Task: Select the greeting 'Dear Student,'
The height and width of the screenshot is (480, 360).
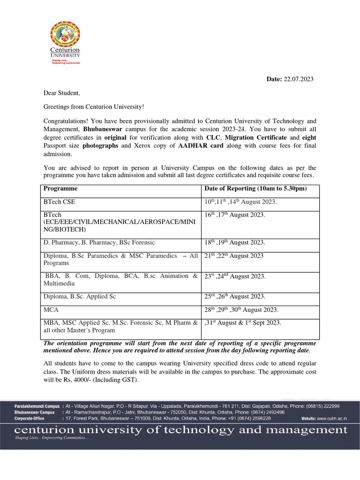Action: [62, 93]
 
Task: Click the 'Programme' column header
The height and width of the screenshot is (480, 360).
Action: [60, 188]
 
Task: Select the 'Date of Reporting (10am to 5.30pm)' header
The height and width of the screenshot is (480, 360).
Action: [255, 188]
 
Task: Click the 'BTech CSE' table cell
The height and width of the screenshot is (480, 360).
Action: [59, 202]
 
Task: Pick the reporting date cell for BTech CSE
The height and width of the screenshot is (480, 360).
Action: [240, 202]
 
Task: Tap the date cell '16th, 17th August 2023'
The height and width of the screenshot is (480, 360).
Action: [234, 215]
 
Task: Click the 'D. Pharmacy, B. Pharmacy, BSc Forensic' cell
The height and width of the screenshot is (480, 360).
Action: [99, 242]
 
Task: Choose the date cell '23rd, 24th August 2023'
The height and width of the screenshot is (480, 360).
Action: [235, 276]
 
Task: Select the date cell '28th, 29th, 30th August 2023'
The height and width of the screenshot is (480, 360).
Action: [241, 310]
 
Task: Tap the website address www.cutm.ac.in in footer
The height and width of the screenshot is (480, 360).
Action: [330, 418]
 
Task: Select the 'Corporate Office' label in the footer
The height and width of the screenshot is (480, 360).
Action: [30, 418]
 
